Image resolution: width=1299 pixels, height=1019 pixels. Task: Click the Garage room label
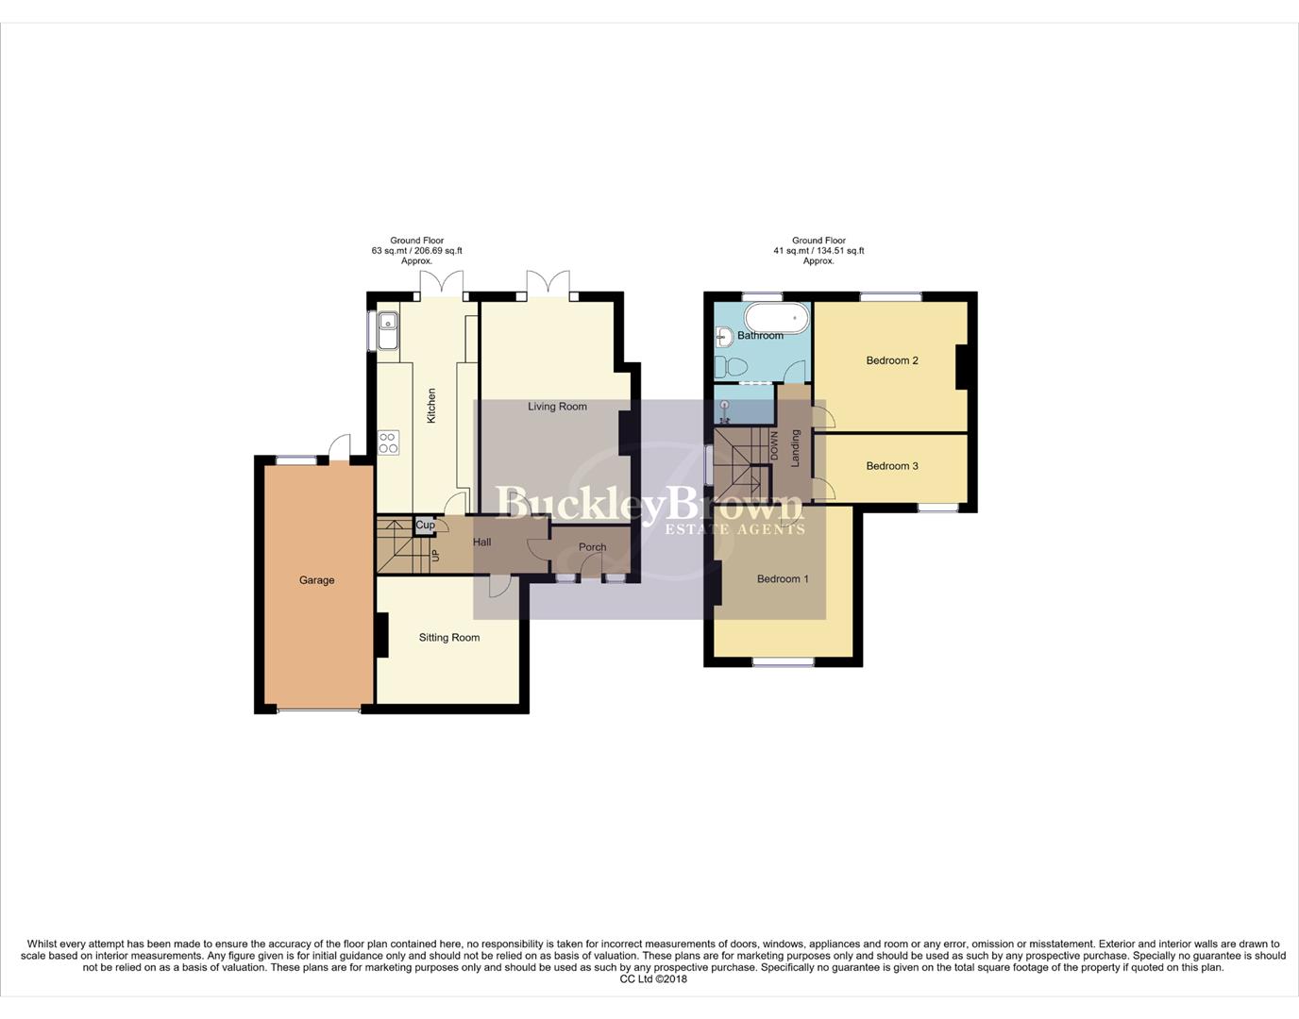(317, 580)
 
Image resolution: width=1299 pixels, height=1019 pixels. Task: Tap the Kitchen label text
(431, 405)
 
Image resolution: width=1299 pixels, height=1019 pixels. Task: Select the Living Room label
(557, 407)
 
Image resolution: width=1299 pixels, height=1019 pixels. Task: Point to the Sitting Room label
(449, 638)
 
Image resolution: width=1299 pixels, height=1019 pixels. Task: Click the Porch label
(593, 547)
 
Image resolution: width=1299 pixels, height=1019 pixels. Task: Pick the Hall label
(482, 543)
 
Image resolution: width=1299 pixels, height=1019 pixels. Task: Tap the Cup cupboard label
(426, 526)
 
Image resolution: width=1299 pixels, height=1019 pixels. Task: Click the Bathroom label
(760, 336)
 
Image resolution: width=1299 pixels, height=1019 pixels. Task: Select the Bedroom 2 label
(892, 360)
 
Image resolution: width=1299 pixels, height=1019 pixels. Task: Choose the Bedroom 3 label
(892, 466)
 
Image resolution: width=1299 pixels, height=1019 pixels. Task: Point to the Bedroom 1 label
(783, 579)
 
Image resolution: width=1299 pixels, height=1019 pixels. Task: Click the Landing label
(796, 448)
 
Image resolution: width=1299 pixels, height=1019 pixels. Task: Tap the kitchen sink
(387, 330)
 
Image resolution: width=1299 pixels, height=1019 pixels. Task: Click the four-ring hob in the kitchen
(388, 443)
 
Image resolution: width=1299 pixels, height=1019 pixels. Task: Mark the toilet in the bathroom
(731, 366)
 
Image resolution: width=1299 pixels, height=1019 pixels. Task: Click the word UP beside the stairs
(435, 556)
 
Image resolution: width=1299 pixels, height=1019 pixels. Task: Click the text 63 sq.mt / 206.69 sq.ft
(416, 251)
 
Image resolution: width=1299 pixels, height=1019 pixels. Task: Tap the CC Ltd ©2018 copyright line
(653, 978)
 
